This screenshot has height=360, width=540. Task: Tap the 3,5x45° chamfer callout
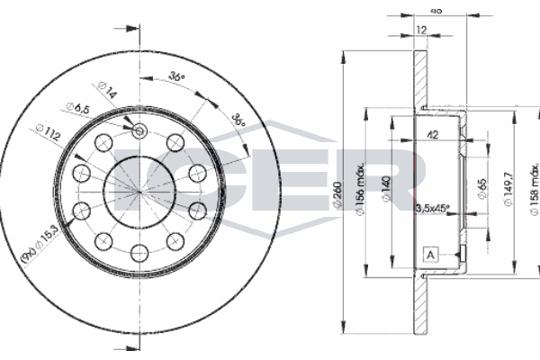point(432,210)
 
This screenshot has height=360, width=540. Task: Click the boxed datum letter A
point(430,256)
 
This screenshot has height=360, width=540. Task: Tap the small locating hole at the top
point(139,132)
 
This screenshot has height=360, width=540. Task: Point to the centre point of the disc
point(139,193)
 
